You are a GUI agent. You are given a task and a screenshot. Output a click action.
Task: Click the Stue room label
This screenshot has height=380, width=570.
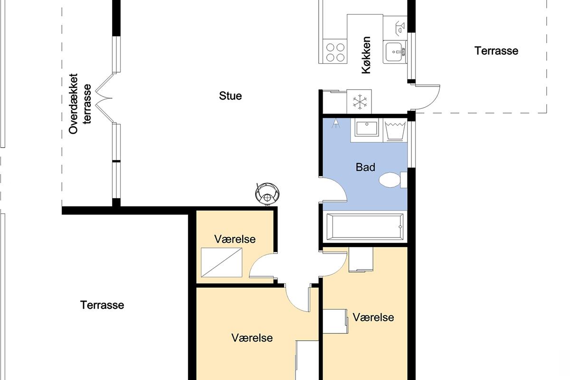tap(230, 96)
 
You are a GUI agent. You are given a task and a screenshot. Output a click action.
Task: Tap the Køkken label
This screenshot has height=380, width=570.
tap(366, 55)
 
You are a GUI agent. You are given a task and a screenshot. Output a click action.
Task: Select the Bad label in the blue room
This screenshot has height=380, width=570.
tap(365, 167)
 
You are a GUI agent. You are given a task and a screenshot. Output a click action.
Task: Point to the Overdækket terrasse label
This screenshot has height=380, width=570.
tap(80, 104)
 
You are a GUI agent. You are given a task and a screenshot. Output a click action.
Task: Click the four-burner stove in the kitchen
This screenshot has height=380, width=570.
tap(335, 51)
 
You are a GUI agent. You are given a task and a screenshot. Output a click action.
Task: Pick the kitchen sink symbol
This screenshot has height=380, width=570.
tap(395, 52)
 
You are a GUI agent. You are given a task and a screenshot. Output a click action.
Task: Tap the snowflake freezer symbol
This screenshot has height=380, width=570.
tap(360, 102)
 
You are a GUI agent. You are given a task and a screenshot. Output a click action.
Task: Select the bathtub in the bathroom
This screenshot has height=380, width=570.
tap(365, 227)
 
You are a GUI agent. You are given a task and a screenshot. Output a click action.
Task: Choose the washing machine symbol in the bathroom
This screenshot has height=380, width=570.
tap(395, 130)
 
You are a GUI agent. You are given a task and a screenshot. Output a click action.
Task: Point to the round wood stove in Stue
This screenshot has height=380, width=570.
tap(267, 194)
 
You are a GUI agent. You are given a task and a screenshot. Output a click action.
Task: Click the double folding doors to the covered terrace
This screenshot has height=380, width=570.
tap(104, 98)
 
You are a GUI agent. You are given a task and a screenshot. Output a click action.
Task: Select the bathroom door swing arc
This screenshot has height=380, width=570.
tap(333, 190)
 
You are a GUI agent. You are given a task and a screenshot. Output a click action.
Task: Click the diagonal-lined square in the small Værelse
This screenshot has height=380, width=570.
tap(221, 262)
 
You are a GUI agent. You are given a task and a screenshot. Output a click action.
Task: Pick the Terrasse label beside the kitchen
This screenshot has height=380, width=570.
tap(496, 51)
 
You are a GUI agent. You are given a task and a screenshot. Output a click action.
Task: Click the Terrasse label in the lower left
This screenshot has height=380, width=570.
tap(102, 305)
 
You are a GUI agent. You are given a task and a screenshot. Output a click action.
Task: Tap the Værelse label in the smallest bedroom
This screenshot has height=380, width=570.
tap(235, 239)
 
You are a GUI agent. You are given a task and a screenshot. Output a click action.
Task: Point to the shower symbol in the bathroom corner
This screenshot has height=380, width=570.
tap(336, 123)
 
